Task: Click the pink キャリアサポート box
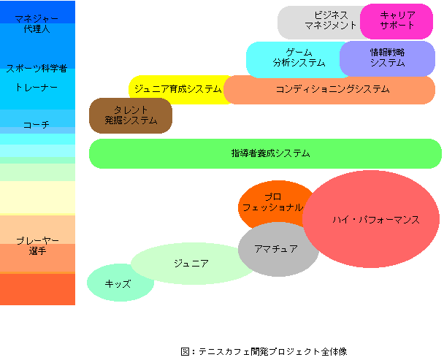click(397, 21)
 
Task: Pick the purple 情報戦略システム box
click(387, 58)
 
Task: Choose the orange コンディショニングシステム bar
click(329, 90)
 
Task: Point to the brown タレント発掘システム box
click(131, 115)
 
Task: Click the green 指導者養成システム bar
click(265, 153)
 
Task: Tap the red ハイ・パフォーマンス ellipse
click(371, 219)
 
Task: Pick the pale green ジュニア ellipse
click(191, 264)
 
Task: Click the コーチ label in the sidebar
click(37, 125)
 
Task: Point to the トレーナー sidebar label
click(37, 87)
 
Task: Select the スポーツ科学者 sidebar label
click(37, 69)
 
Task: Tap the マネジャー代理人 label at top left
click(37, 24)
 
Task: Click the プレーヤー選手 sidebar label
click(37, 245)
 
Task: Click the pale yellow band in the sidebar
click(37, 197)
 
